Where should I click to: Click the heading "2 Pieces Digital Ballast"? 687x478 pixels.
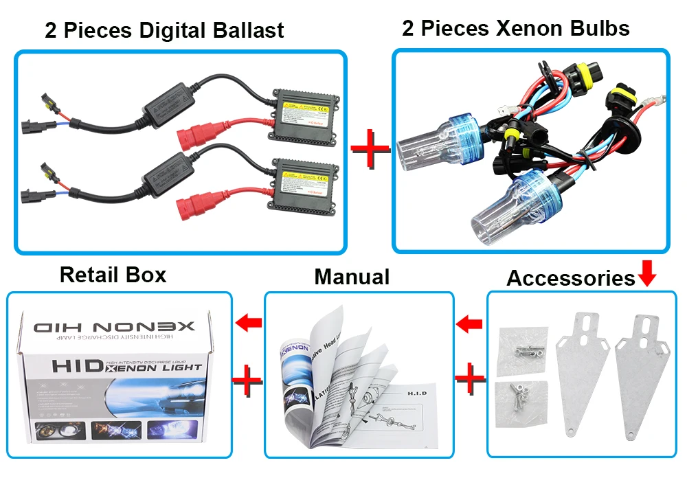[x=164, y=30]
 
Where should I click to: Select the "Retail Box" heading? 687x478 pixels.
[x=113, y=275]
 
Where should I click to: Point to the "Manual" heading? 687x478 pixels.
[x=352, y=277]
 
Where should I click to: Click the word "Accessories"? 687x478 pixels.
[x=571, y=278]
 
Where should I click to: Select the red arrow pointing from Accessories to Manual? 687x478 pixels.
[x=470, y=322]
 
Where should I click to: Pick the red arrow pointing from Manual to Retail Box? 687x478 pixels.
[x=248, y=321]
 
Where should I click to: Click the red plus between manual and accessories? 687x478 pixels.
[x=471, y=378]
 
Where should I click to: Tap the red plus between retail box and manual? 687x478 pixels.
[x=248, y=378]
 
